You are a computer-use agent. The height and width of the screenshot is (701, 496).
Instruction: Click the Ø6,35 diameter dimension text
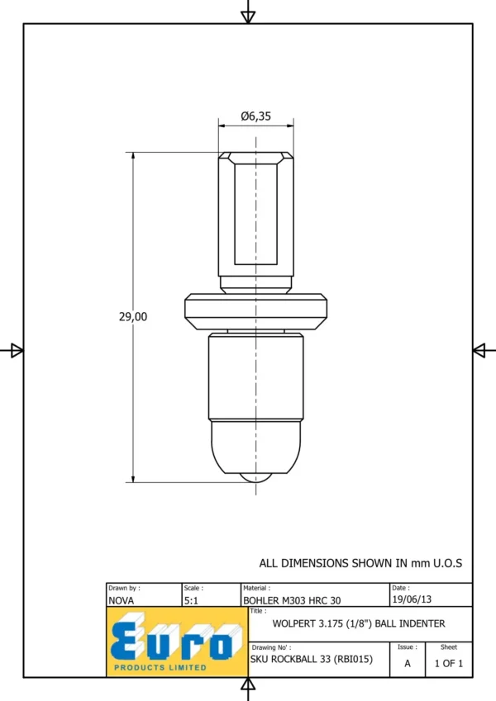(x=255, y=116)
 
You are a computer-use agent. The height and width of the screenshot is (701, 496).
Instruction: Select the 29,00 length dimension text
(x=133, y=316)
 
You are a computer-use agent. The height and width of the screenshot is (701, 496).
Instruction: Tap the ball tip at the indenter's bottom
(x=255, y=477)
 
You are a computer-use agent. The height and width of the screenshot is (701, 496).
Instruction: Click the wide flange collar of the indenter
(x=255, y=311)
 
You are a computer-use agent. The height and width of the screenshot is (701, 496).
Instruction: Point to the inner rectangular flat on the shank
(x=255, y=214)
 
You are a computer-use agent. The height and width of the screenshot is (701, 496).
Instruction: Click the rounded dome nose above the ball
(x=255, y=447)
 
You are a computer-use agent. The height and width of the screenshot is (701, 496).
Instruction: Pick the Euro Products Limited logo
(x=177, y=642)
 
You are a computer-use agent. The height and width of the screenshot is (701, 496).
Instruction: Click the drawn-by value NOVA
(x=121, y=600)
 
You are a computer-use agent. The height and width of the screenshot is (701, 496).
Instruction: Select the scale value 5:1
(x=191, y=600)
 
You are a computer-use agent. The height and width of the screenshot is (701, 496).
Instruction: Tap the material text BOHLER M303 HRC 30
(x=292, y=600)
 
